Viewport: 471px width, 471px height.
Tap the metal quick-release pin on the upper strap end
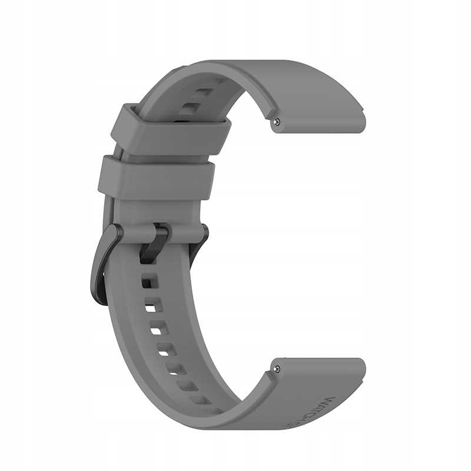[277, 122]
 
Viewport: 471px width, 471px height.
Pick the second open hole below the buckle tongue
[151, 307]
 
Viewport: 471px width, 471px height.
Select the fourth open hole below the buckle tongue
[164, 351]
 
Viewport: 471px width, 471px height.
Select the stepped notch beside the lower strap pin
[268, 377]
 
